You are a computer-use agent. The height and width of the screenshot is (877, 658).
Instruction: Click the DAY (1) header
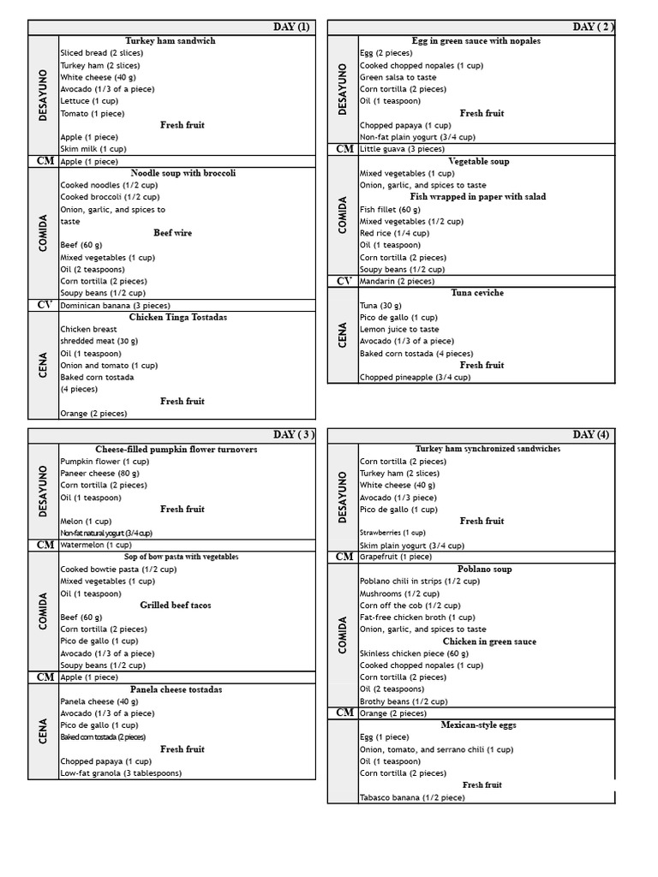291,27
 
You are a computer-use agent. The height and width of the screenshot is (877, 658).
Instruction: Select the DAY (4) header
591,435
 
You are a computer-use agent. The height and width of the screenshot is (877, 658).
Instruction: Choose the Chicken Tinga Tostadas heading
178,317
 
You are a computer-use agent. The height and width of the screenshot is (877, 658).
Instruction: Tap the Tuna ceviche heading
477,293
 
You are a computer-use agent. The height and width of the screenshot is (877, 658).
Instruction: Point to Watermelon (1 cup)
96,545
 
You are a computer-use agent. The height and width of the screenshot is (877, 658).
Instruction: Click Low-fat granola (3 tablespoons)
120,773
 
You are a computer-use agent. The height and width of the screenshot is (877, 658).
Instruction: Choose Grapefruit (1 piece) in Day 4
395,557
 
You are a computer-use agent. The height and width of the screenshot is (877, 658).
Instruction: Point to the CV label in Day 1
44,305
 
